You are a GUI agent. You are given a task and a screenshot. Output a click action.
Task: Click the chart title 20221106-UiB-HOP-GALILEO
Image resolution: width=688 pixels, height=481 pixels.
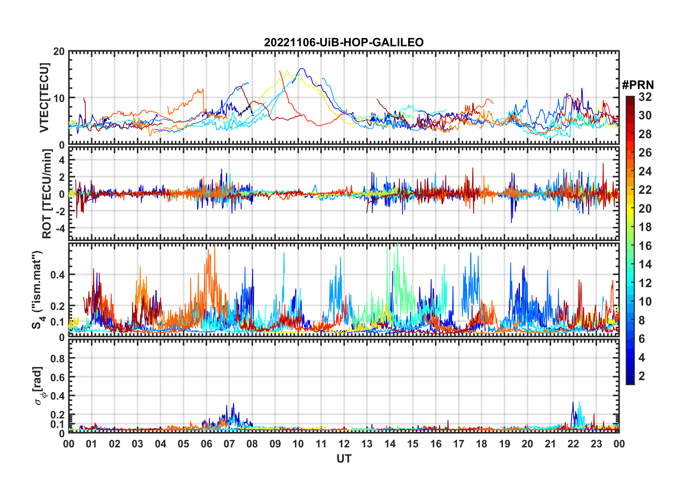point(344,43)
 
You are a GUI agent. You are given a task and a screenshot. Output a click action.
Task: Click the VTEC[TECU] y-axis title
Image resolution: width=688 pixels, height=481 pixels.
point(44,98)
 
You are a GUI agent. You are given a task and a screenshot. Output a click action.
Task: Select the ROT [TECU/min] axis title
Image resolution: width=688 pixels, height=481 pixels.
point(47,193)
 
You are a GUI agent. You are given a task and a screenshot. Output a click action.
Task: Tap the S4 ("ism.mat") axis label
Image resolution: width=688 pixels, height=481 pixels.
point(37,290)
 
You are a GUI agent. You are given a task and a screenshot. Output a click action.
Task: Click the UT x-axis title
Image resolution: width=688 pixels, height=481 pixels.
point(344,459)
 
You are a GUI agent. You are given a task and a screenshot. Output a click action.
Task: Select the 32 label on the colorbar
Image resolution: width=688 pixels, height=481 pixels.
point(645,97)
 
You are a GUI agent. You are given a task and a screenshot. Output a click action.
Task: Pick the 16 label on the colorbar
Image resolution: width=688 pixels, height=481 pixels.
point(645,246)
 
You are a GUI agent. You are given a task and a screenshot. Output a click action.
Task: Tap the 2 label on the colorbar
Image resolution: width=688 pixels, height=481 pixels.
point(642,376)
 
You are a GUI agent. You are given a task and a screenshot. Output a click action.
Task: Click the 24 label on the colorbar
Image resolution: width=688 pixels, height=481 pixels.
point(645,171)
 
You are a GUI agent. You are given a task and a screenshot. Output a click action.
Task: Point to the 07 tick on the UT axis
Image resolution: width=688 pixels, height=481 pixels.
point(229,444)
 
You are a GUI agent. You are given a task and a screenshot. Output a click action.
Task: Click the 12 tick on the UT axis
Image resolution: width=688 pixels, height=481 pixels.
point(344,444)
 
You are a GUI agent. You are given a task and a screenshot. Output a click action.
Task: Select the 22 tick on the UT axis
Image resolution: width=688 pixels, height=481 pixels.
point(573,444)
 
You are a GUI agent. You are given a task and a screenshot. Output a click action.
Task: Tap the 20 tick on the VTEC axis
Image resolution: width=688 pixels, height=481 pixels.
point(59,52)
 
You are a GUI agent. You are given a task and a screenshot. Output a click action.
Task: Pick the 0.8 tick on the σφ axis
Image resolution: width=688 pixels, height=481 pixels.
point(58,358)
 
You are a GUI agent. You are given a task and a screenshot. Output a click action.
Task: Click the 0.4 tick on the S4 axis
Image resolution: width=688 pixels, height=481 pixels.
point(58,275)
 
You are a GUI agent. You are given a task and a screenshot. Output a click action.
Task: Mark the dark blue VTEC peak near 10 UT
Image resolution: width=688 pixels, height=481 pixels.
point(302,68)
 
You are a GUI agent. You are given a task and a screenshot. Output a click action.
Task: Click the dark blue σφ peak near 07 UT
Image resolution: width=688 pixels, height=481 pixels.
point(233,404)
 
